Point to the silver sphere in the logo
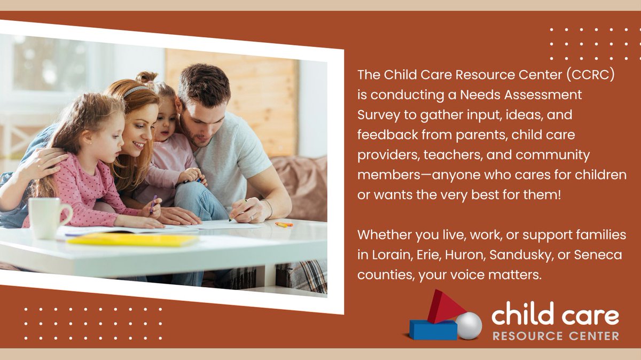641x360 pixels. (x=468, y=325)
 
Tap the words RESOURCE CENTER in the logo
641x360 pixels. (x=556, y=336)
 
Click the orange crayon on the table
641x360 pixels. (x=284, y=224)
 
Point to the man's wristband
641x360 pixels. (x=269, y=209)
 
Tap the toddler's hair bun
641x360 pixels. (x=145, y=78)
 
